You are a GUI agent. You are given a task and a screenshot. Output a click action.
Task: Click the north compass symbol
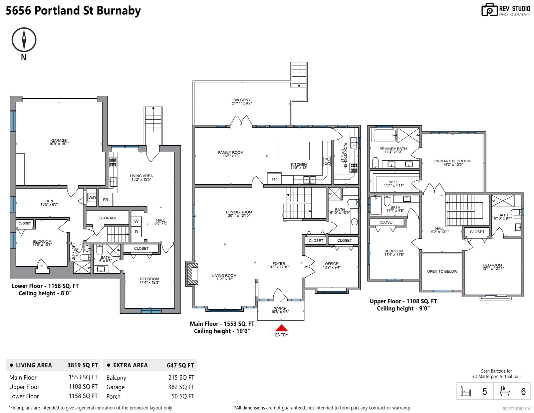pos(24,40)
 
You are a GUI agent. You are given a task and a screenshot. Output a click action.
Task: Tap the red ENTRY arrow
pos(281,328)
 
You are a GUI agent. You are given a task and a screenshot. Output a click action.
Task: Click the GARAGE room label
pos(59,141)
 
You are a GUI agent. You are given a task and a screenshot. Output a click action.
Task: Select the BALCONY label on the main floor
pos(242,100)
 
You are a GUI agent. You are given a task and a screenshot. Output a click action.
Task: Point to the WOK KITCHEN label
pos(345,156)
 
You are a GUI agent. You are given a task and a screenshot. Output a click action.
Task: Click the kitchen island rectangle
pos(294,151)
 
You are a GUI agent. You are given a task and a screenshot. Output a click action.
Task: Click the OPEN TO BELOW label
pos(442,271)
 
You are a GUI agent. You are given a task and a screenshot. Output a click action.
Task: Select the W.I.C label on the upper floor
pos(394,182)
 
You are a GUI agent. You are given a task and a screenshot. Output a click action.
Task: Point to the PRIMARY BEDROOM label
pos(453,161)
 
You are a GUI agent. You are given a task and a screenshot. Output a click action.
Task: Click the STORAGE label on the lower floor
pos(108,218)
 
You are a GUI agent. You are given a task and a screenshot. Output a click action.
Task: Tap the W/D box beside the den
pos(92,198)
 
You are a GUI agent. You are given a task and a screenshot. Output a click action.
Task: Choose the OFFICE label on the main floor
pos(331,264)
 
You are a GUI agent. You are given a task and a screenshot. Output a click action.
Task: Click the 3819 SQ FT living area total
pos(82,365)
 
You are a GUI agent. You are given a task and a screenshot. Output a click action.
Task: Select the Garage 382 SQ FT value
pos(181,387)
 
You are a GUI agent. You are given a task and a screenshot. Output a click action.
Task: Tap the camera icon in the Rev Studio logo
pos(489,10)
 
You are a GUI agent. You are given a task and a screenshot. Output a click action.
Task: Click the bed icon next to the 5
pos(466,391)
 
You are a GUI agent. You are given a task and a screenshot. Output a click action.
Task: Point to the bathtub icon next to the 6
pos(505,391)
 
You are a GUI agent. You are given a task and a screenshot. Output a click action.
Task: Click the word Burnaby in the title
pos(119,11)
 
